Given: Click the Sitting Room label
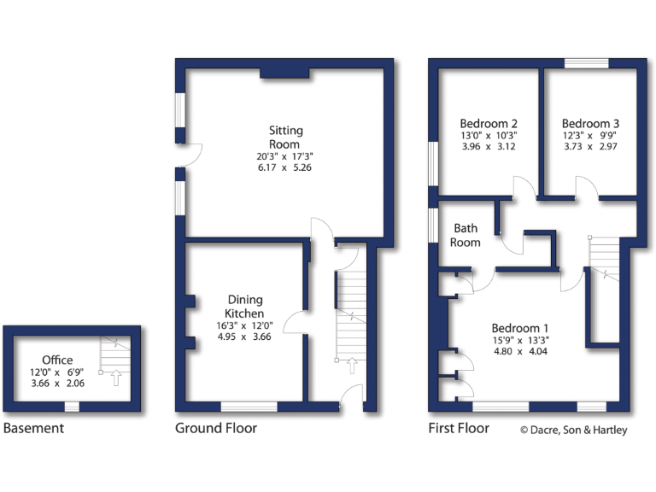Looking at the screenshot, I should [286, 138].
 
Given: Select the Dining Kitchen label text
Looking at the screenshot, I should [245, 307].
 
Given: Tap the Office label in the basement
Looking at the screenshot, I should [57, 360].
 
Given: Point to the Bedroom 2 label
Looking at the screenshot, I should [488, 122].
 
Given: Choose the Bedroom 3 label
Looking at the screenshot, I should [590, 122].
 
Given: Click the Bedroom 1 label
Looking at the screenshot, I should [520, 328].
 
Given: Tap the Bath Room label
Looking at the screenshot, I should [466, 235].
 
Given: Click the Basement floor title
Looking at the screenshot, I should [33, 428].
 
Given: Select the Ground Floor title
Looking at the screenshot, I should [215, 428].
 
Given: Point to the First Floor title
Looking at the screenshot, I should [459, 428].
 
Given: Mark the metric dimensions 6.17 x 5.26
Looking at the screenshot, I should [286, 168].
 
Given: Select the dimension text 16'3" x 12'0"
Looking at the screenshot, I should [245, 325].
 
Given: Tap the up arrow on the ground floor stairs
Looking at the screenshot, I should [350, 366].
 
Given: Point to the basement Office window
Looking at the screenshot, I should [73, 407].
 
